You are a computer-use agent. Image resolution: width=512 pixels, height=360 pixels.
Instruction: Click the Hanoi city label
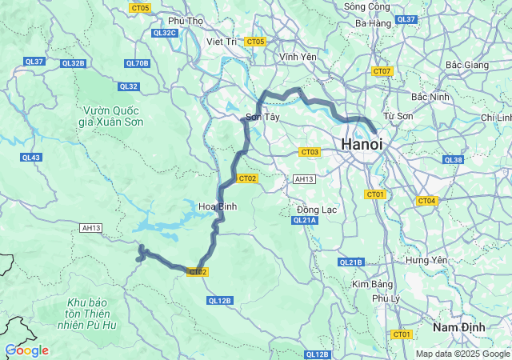pos(362,144)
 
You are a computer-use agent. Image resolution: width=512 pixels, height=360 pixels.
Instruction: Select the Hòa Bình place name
pos(218,206)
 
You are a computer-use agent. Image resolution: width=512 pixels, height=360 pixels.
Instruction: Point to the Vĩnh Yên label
pos(298,58)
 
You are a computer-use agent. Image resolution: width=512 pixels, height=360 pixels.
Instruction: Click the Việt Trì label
pos(221,41)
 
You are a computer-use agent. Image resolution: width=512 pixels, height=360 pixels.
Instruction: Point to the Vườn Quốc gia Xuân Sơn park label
pos(111,116)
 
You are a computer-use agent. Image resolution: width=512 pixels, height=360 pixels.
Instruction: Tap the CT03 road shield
pos(310,151)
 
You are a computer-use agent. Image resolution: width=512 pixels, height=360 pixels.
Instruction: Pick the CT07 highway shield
pos(382,71)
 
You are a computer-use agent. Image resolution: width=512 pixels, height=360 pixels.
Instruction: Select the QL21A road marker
pos(306,220)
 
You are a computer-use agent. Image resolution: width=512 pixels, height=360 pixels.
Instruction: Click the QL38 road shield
pos(453,160)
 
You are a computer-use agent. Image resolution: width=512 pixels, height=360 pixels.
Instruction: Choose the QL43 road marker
pos(31,158)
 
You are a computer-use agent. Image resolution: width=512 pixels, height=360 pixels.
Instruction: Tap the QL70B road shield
pos(137,63)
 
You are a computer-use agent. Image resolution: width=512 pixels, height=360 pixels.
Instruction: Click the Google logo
pos(26,350)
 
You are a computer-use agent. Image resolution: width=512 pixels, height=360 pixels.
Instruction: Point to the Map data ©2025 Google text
pos(462,354)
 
